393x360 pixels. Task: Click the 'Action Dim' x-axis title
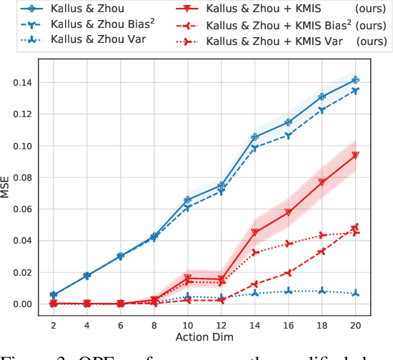click(x=204, y=336)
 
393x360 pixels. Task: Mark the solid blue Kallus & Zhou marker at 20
click(x=355, y=80)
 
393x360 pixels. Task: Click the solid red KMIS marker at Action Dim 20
click(x=355, y=155)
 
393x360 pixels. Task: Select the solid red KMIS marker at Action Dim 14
click(x=255, y=232)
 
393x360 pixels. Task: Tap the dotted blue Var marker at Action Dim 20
click(x=355, y=294)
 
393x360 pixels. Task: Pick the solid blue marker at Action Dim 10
click(x=188, y=200)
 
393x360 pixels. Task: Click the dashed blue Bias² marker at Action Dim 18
click(x=322, y=110)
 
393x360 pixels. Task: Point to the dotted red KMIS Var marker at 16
click(x=288, y=244)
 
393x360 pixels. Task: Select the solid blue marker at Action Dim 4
click(x=87, y=275)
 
